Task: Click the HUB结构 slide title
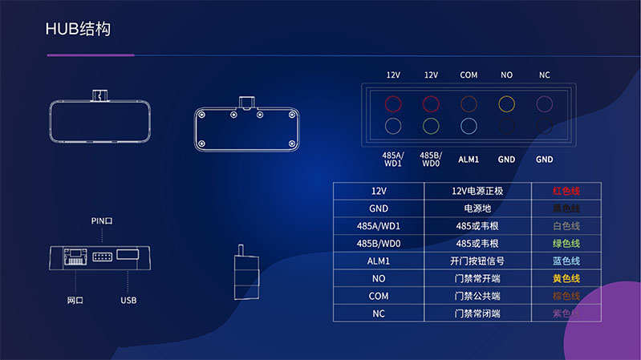pyautogui.click(x=79, y=30)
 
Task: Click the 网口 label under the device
pyautogui.click(x=75, y=301)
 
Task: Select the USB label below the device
pyautogui.click(x=128, y=301)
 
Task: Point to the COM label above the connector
pyautogui.click(x=469, y=75)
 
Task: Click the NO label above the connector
pyautogui.click(x=506, y=75)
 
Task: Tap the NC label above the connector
pyautogui.click(x=544, y=75)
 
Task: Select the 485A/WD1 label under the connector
pyautogui.click(x=393, y=159)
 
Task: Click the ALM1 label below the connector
pyautogui.click(x=469, y=159)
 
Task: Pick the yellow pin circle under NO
pyautogui.click(x=506, y=103)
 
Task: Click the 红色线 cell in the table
pyautogui.click(x=566, y=191)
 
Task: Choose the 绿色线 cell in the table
pyautogui.click(x=566, y=243)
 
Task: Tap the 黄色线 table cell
pyautogui.click(x=566, y=278)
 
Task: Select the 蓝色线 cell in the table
pyautogui.click(x=566, y=261)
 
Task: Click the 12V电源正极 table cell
pyautogui.click(x=478, y=191)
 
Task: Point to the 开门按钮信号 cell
pyautogui.click(x=478, y=261)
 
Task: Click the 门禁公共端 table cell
pyautogui.click(x=478, y=296)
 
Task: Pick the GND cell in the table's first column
pyautogui.click(x=379, y=208)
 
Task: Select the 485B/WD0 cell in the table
pyautogui.click(x=379, y=243)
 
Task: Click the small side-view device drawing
pyautogui.click(x=245, y=275)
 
